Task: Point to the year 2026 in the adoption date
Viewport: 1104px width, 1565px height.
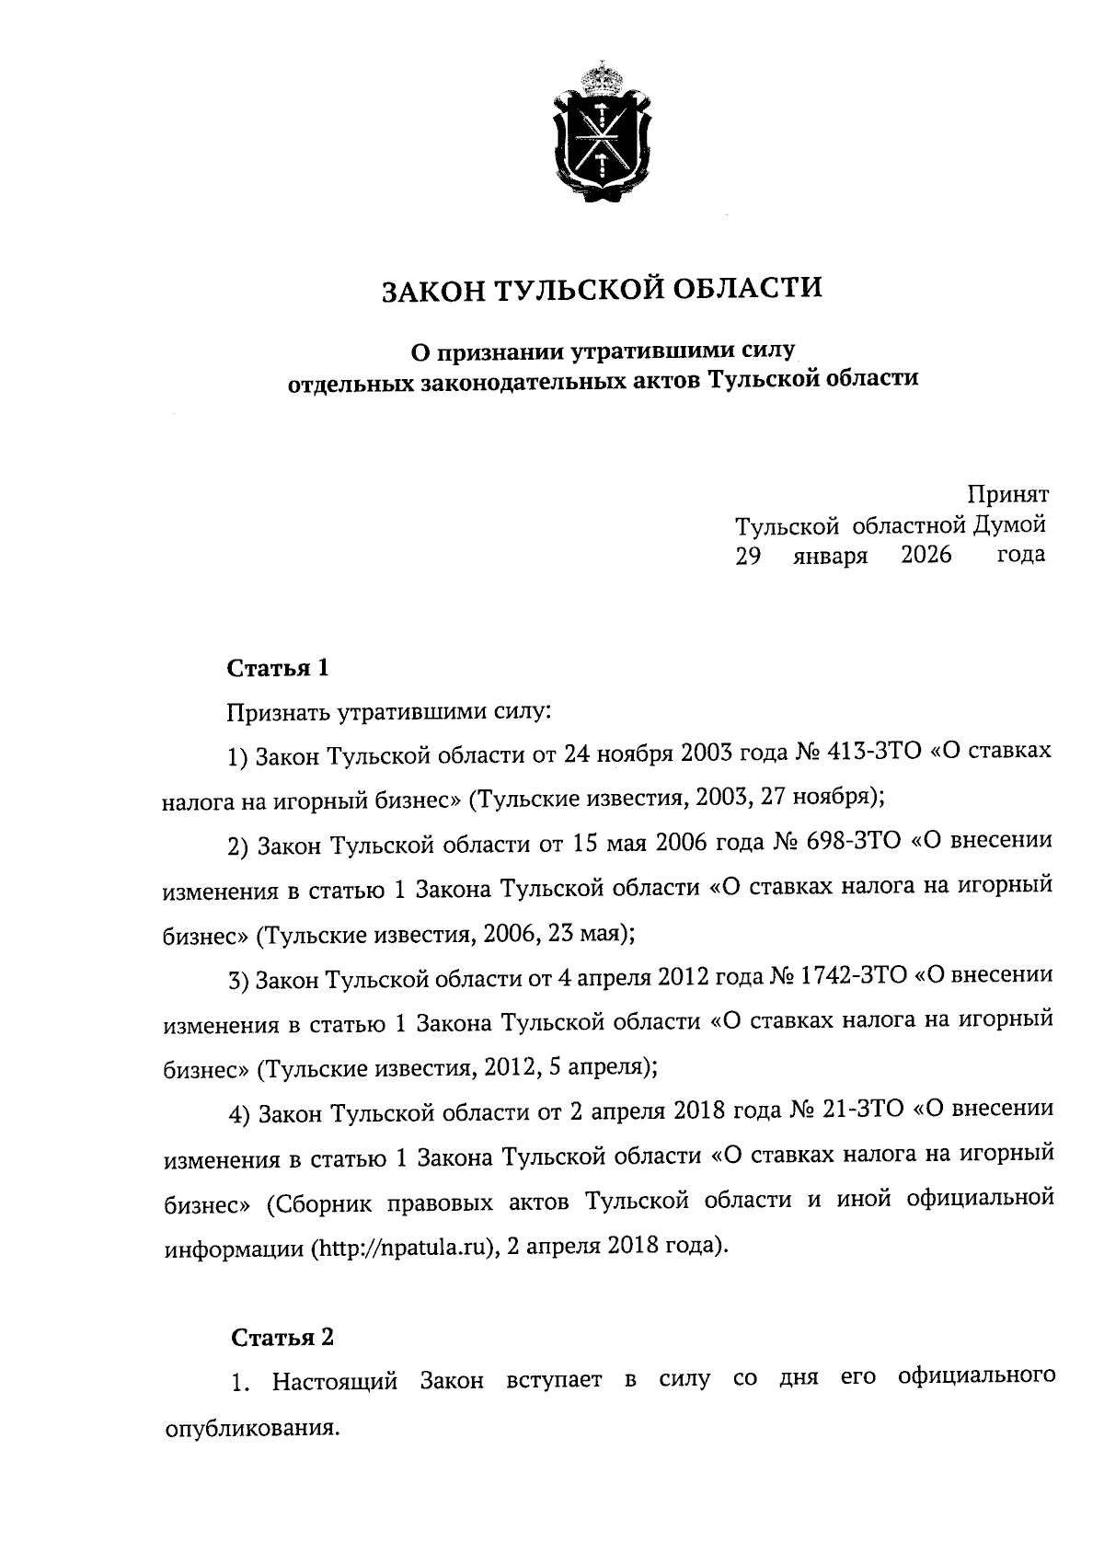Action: click(926, 555)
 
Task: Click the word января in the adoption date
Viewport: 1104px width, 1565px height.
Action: click(831, 557)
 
